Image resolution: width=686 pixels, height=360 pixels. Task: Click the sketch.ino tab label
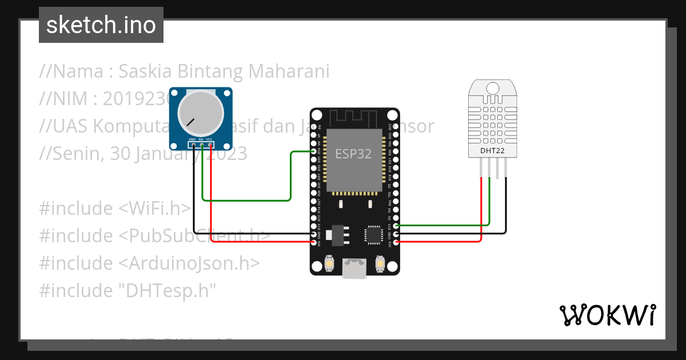(101, 26)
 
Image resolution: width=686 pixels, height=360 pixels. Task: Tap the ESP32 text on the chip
(353, 154)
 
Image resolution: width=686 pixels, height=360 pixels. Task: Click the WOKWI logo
(607, 315)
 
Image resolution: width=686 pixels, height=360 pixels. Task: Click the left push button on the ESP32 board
(330, 263)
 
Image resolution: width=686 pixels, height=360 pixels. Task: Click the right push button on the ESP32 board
(379, 263)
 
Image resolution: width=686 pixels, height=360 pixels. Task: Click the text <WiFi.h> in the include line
(154, 209)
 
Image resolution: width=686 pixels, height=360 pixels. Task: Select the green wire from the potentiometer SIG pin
(246, 201)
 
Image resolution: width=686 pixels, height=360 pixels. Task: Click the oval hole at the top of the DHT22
(493, 87)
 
